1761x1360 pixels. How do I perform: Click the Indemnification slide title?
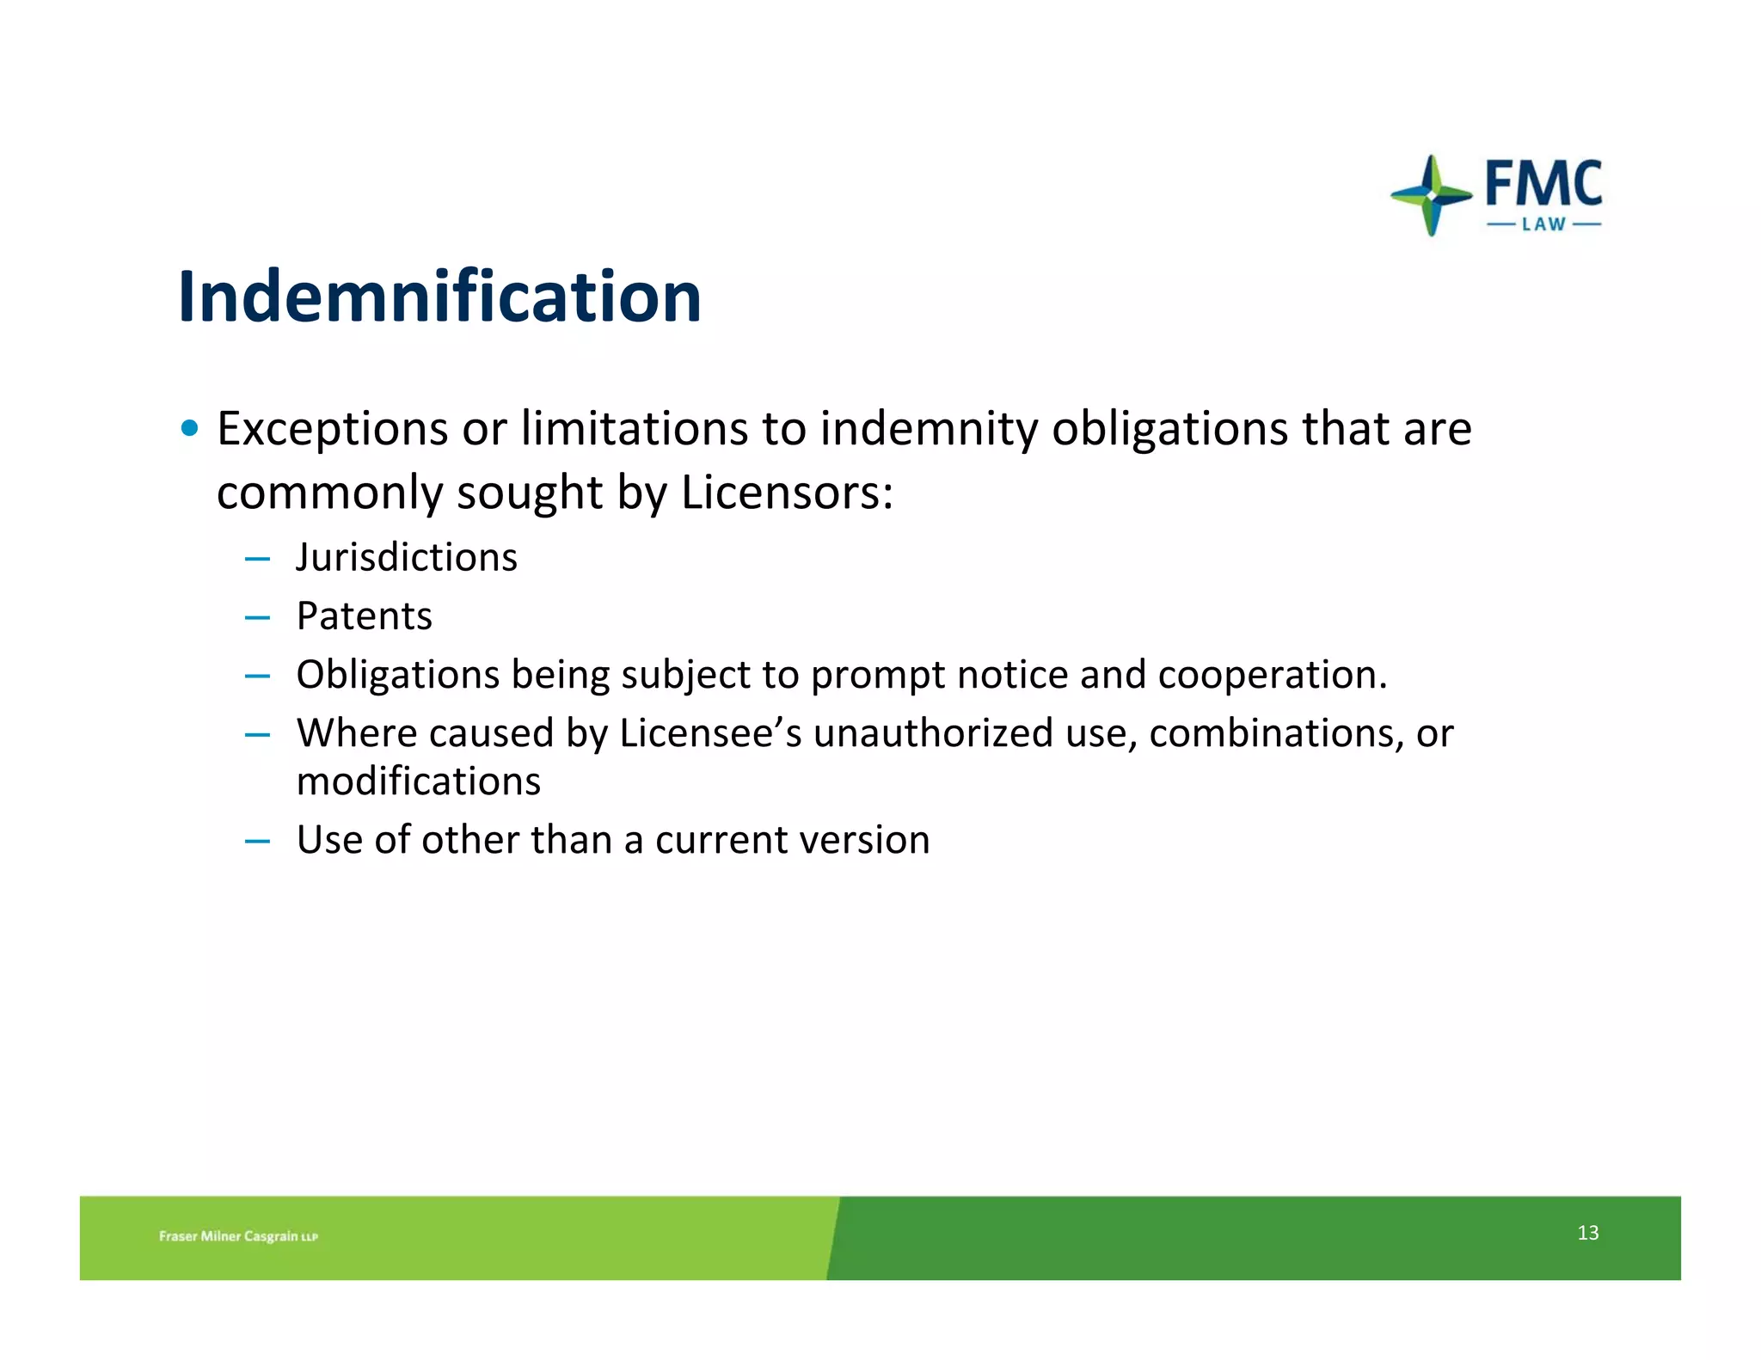(x=439, y=297)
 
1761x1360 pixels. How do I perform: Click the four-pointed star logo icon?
(x=1431, y=195)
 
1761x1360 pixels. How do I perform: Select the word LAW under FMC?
(x=1543, y=225)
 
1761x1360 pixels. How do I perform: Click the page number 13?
(x=1587, y=1233)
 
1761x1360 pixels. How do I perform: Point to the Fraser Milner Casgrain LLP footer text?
(x=238, y=1236)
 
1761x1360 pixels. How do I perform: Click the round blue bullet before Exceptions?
(x=190, y=428)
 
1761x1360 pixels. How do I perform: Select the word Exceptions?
(x=332, y=429)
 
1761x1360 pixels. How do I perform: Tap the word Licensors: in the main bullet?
(x=787, y=493)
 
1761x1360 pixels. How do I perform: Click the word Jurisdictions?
(x=407, y=557)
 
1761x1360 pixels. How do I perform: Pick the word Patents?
(x=364, y=616)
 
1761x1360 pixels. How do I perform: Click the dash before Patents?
(x=257, y=617)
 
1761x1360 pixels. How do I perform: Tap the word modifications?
(x=419, y=781)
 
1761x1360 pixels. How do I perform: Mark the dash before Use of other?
(x=257, y=841)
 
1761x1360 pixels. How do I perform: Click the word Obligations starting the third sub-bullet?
(x=397, y=675)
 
